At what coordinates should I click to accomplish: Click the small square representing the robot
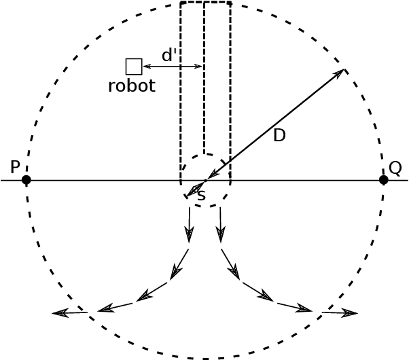click(134, 67)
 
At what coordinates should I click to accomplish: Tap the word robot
click(132, 86)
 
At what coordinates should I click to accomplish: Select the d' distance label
click(169, 56)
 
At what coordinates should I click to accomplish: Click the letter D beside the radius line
click(279, 136)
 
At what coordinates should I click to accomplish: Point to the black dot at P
click(26, 180)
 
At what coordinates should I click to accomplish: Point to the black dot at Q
click(383, 180)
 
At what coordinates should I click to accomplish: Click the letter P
click(16, 167)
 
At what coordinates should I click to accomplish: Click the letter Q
click(395, 167)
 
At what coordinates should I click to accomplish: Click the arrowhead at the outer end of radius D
click(340, 73)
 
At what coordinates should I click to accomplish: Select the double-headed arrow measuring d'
click(173, 67)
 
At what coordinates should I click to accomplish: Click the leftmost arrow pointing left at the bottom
click(69, 312)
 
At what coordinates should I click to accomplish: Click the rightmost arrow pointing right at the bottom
click(340, 313)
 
